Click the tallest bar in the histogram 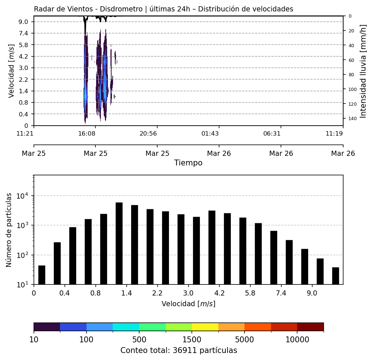point(119,243)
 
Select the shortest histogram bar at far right point(335,276)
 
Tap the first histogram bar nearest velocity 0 point(42,275)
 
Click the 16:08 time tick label point(87,133)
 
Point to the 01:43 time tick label point(210,133)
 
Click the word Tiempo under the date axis point(188,163)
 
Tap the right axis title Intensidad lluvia point(363,71)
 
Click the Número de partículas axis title point(9,230)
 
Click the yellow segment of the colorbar point(205,327)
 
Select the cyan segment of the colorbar point(126,327)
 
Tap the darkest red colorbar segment point(310,327)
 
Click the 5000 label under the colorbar point(244,339)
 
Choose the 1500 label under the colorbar point(192,339)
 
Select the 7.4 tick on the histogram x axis point(281,293)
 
